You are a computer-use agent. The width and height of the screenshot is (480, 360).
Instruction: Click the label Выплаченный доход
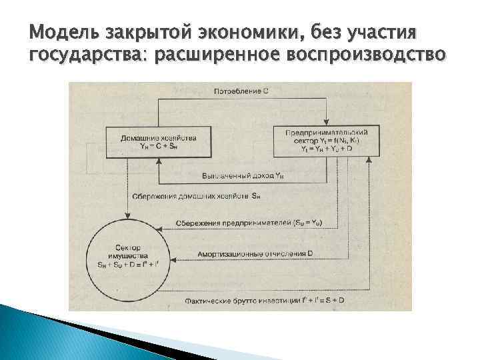tap(234, 175)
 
